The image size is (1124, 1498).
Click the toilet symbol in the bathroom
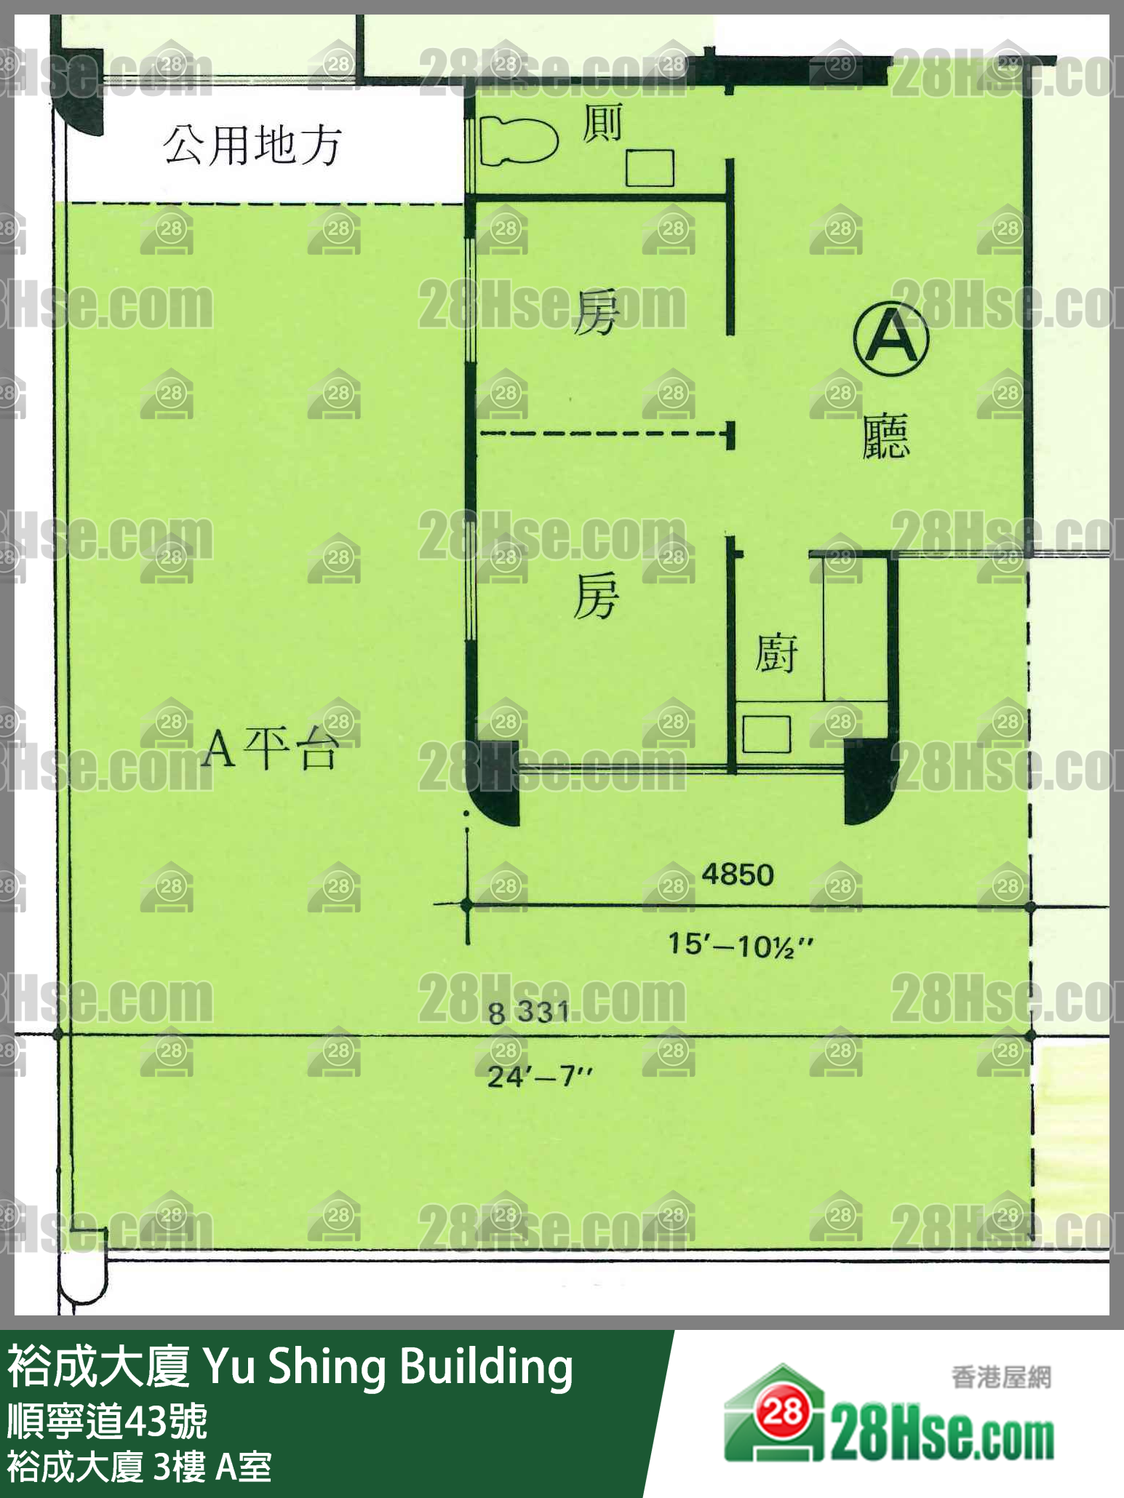518,140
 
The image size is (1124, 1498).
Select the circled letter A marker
891,340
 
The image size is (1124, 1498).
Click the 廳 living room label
886,437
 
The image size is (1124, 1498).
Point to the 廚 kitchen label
776,653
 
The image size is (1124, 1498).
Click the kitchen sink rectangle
767,733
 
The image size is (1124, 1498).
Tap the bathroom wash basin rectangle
650,168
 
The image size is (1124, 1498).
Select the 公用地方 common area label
252,145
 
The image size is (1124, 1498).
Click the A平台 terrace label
270,749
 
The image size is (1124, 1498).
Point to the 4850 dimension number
738,874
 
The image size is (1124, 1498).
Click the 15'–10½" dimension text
741,946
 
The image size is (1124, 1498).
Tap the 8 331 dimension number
529,1011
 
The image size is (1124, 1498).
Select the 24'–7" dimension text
540,1076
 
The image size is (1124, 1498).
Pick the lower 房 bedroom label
597,595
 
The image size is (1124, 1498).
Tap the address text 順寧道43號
108,1421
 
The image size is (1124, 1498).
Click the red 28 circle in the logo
783,1412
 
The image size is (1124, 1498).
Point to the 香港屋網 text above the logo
1001,1378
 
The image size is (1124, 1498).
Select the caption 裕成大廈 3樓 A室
140,1467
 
